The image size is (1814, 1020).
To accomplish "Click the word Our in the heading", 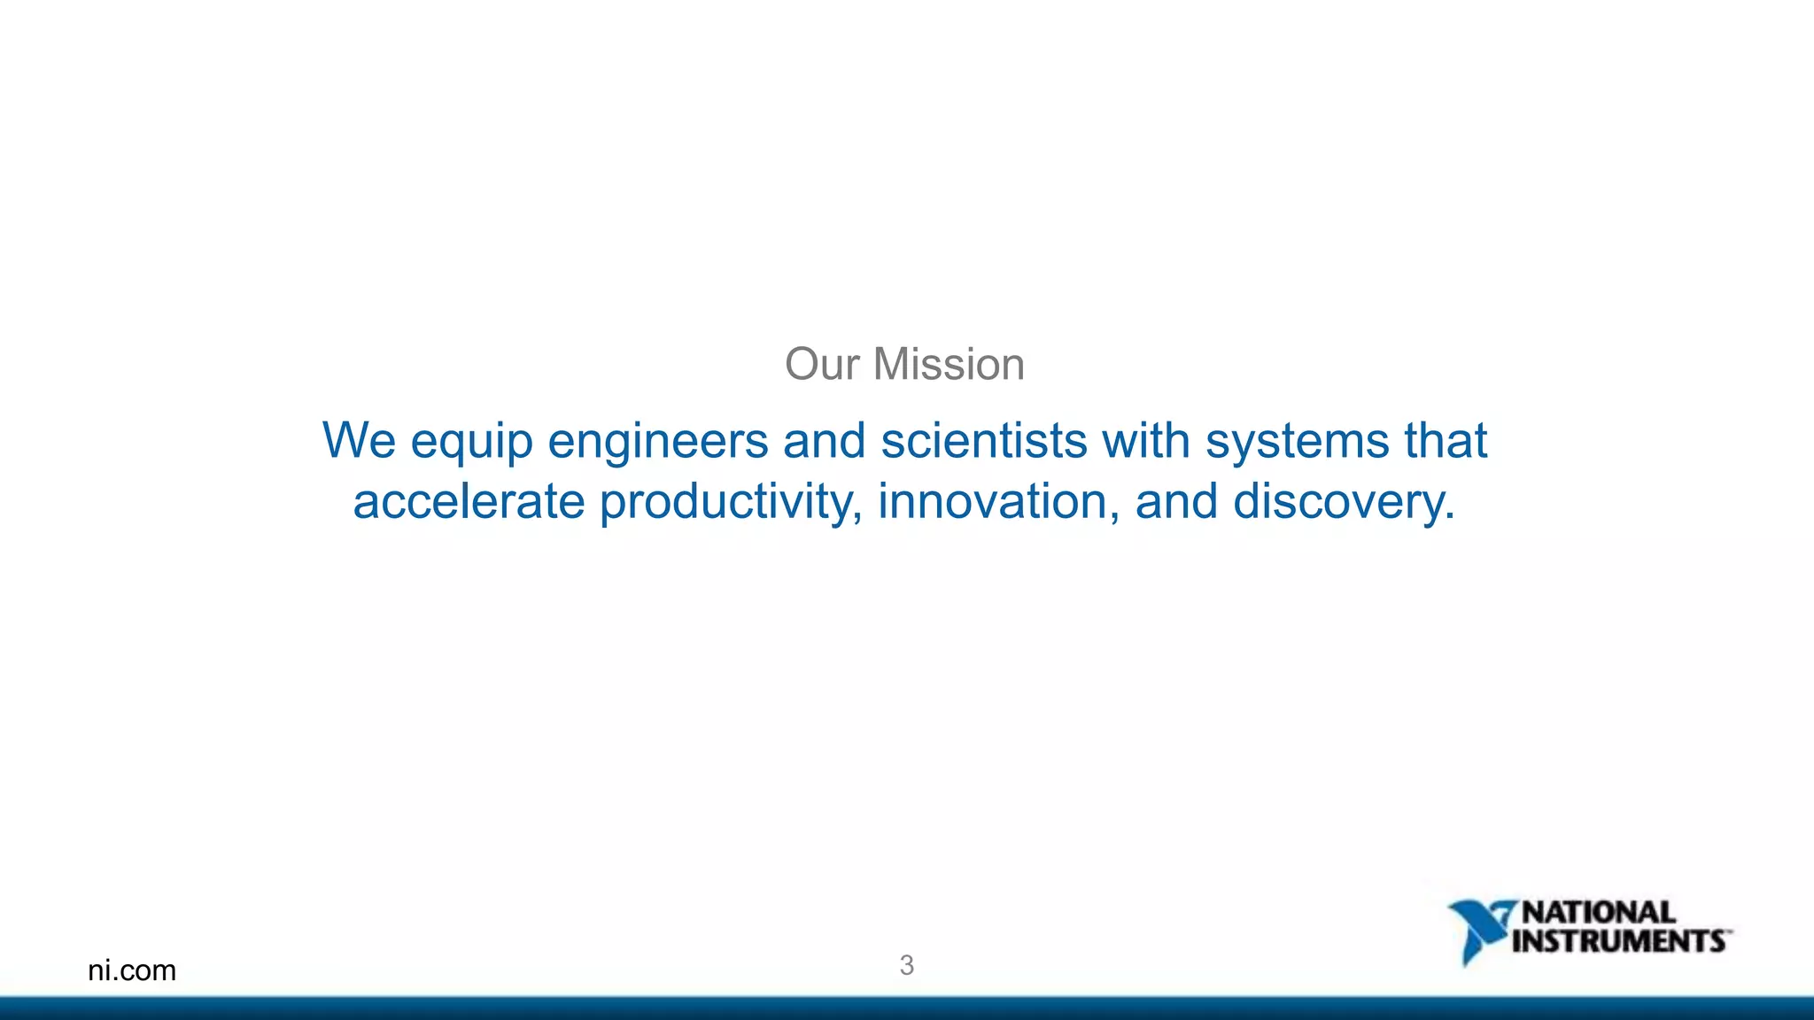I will point(821,365).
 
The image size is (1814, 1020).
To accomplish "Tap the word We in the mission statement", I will point(358,440).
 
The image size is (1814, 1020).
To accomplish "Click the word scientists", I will point(983,440).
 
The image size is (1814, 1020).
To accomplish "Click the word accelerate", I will point(469,501).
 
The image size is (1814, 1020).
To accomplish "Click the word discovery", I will point(1343,503).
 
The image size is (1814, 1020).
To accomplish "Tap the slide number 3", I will point(906,965).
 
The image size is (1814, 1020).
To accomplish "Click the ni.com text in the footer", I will point(132,970).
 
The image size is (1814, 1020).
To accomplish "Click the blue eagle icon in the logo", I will point(1477,930).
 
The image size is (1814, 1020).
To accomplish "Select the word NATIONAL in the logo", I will point(1598,912).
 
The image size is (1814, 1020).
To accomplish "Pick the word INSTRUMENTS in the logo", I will point(1618,940).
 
